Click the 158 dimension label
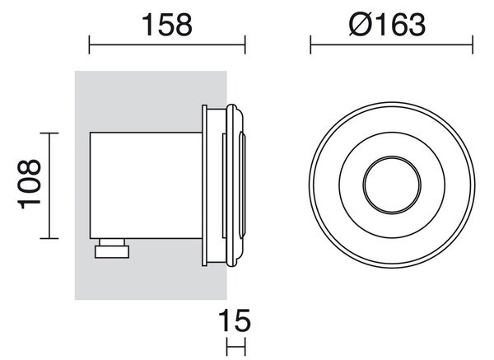(x=167, y=25)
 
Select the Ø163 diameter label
(x=387, y=25)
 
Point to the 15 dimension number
(x=235, y=320)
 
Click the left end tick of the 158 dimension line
(x=90, y=44)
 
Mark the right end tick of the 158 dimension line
(x=245, y=44)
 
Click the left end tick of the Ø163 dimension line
(x=310, y=44)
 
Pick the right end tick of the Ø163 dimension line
(x=473, y=44)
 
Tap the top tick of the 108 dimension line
(x=49, y=133)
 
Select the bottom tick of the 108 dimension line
(x=49, y=238)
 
